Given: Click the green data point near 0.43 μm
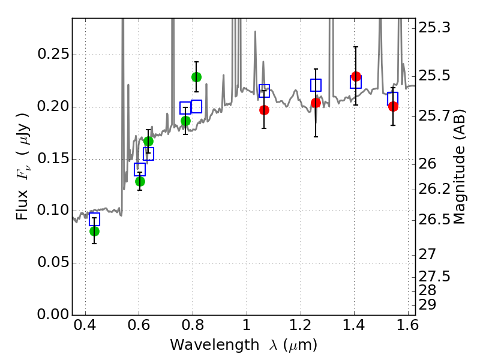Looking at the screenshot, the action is click(x=95, y=231).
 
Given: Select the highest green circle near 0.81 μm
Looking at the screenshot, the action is click(x=197, y=77).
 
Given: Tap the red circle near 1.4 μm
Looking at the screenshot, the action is click(x=356, y=77).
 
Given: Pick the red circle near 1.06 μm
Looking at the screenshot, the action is click(x=264, y=110).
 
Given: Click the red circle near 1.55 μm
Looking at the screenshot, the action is click(x=393, y=107).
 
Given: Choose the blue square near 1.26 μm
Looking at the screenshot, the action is click(x=316, y=85).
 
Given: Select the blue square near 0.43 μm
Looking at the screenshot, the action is click(x=95, y=219).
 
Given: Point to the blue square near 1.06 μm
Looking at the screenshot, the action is click(x=264, y=91).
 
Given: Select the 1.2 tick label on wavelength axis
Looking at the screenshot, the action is click(x=301, y=325).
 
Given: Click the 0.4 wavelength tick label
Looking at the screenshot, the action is click(x=85, y=325).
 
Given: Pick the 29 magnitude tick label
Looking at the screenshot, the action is click(x=427, y=305).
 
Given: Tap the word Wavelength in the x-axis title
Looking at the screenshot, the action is click(x=215, y=345).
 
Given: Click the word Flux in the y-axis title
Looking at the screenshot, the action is click(x=22, y=205).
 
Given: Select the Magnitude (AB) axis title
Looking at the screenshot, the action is click(x=459, y=167).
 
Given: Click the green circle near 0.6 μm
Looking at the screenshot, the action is click(x=140, y=182).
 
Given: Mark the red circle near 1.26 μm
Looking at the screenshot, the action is click(x=316, y=103).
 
